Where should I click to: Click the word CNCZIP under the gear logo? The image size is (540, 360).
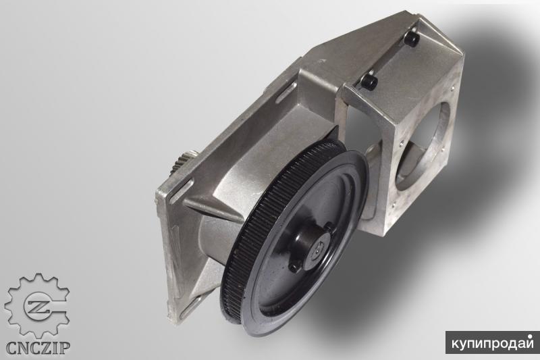click(x=37, y=347)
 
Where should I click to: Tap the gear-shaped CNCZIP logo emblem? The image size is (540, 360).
click(x=37, y=305)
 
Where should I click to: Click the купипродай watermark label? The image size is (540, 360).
click(x=492, y=342)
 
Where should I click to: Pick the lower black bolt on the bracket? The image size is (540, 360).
click(x=369, y=82)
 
